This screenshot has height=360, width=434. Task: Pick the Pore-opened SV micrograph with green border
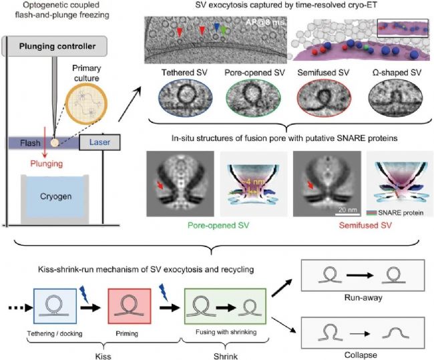pos(247,101)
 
